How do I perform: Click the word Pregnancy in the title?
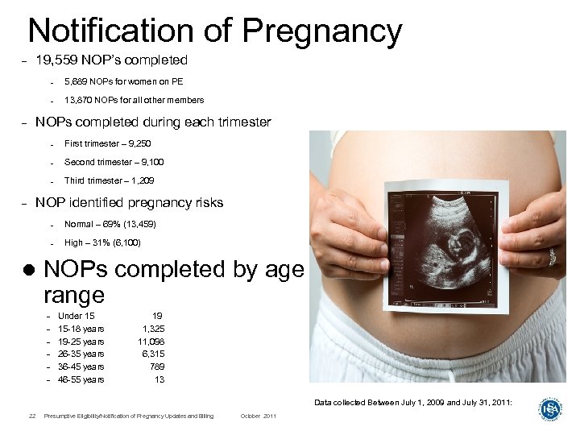[321, 31]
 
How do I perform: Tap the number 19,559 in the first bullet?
[56, 60]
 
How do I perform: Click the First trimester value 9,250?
[137, 143]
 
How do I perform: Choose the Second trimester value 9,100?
[150, 162]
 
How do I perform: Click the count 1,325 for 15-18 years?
[153, 329]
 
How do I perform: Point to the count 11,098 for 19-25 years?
[151, 342]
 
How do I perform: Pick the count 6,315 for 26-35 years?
[153, 354]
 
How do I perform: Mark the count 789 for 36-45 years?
[157, 367]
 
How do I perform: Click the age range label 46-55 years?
[81, 379]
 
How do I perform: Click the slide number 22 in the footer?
[30, 416]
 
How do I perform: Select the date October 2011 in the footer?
[259, 416]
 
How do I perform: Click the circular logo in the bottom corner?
[550, 408]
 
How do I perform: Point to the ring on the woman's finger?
[552, 257]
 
